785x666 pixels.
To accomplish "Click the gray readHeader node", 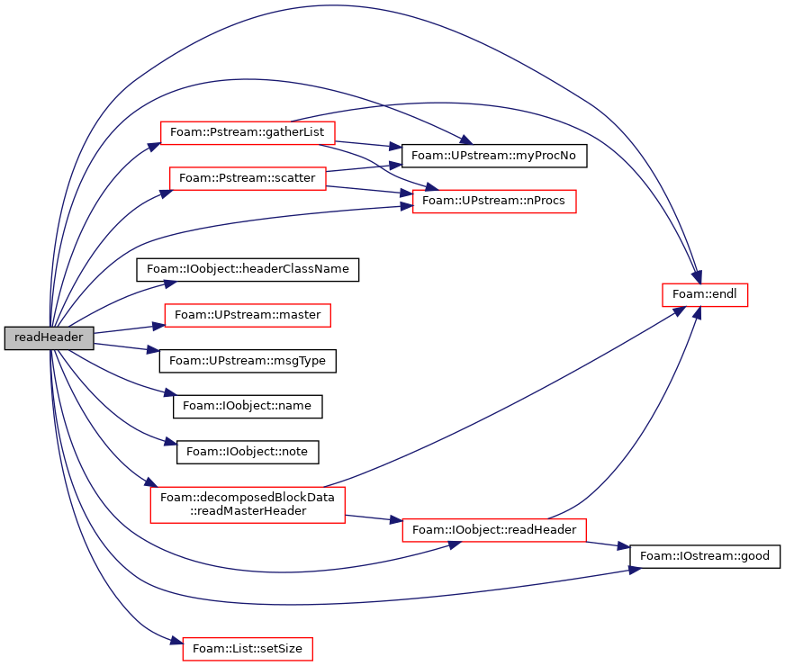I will pos(49,337).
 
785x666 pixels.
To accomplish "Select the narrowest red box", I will pos(705,295).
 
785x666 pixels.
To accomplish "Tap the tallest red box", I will pos(248,504).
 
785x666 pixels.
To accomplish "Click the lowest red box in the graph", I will pos(248,649).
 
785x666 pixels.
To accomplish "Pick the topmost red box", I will pos(248,132).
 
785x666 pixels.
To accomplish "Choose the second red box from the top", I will pos(248,178).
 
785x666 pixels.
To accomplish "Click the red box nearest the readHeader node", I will pos(248,315).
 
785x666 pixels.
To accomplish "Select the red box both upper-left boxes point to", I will pos(494,201).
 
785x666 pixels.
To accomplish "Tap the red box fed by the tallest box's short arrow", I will pos(493,530).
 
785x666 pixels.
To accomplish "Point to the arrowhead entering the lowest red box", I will pos(176,641).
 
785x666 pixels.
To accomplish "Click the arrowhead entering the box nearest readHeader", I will pos(158,326).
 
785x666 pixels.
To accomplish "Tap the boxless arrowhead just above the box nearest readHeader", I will pos(171,283).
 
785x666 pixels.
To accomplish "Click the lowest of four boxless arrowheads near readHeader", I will pos(171,441).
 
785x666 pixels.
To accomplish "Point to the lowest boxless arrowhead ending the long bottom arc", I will pos(636,570).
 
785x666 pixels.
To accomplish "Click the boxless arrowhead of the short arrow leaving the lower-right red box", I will pos(623,546).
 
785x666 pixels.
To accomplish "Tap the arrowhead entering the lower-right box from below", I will pos(454,544).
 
